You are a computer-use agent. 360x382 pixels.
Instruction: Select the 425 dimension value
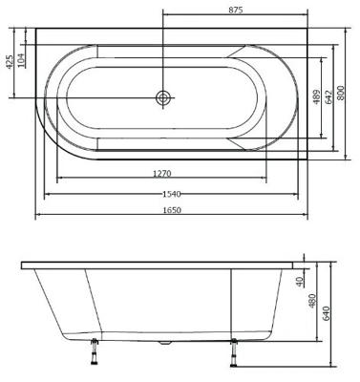point(10,64)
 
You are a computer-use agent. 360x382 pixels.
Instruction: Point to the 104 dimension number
point(22,59)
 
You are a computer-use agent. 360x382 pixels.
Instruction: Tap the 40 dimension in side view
point(299,282)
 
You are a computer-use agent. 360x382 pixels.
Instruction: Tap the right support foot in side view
point(233,352)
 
